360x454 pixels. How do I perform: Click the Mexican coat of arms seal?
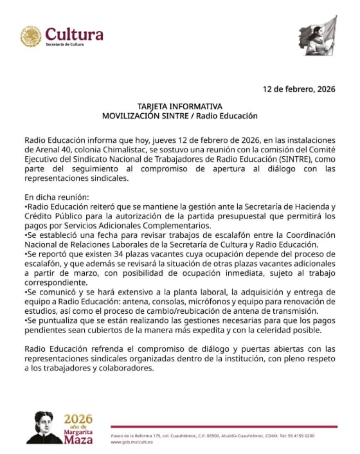[x=30, y=36]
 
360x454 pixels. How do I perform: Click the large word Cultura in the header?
[x=74, y=33]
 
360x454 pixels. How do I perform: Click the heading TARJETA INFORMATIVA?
[x=179, y=106]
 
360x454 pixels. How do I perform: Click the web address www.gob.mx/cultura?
[x=132, y=442]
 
